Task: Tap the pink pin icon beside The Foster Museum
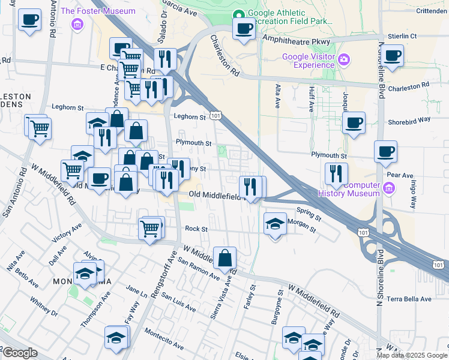tap(76, 23)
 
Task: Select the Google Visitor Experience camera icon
tap(343, 59)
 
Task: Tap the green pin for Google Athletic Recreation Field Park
tap(239, 16)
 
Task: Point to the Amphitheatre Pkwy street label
tap(297, 39)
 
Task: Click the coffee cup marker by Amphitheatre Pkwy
tap(243, 28)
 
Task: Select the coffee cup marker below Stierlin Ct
tap(393, 56)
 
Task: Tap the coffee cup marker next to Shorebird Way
tap(353, 123)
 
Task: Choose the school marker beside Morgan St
tap(275, 224)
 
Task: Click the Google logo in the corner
tap(19, 353)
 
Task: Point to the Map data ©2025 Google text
tap(411, 355)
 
